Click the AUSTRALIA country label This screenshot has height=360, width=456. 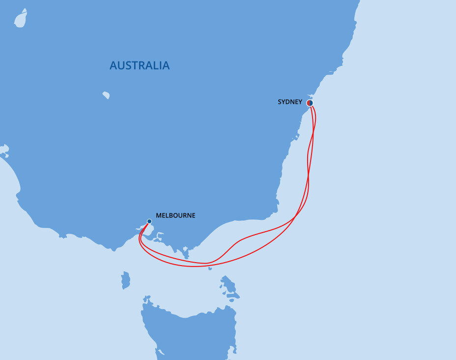[x=140, y=65]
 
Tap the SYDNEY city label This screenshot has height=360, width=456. [x=290, y=102]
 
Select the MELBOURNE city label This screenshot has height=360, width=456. [x=175, y=215]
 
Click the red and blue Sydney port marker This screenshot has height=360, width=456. [x=310, y=103]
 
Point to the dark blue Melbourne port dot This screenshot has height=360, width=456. [x=149, y=221]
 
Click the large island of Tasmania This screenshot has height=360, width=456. [x=192, y=330]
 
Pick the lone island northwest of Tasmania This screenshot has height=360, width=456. [x=126, y=280]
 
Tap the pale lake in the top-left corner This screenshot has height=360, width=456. [x=21, y=19]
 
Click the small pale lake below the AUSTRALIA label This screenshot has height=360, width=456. [x=106, y=95]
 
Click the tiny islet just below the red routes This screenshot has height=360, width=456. [x=210, y=269]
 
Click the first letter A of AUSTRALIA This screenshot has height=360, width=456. [x=114, y=65]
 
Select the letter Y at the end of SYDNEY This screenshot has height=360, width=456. [x=300, y=102]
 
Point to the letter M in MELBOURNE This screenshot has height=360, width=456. [x=159, y=215]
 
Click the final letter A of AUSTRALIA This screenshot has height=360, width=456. [x=166, y=65]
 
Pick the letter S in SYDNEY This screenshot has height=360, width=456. [x=280, y=102]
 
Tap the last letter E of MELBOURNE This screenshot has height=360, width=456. [x=193, y=215]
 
